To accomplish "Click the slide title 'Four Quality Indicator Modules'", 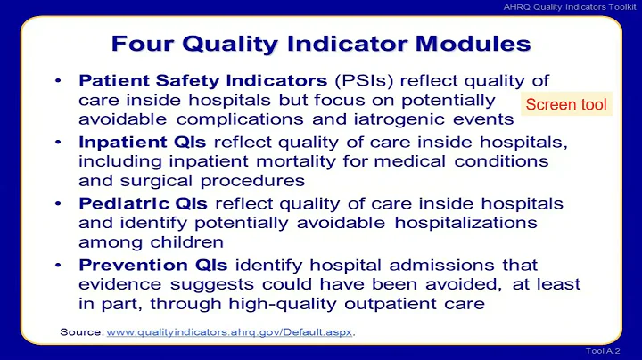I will coord(320,44).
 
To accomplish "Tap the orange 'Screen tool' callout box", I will coord(565,105).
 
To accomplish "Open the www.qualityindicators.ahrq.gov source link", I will coord(229,332).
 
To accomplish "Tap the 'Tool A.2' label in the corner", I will coord(614,351).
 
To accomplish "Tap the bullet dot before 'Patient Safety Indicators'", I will coord(58,81).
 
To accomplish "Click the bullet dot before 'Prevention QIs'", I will coord(58,265).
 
